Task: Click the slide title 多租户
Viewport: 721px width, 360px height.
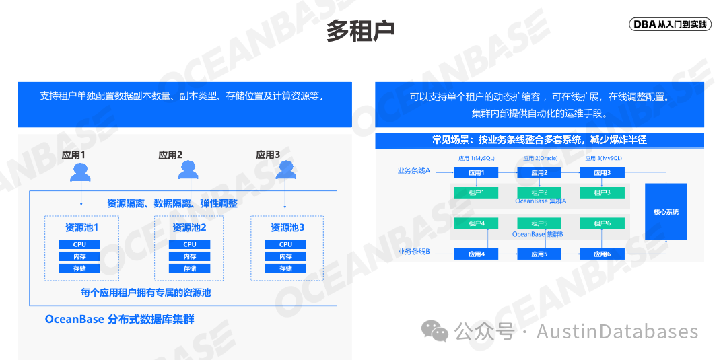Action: click(x=360, y=30)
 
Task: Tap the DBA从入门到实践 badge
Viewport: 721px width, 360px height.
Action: click(x=671, y=24)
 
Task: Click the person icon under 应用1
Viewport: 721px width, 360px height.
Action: click(x=81, y=172)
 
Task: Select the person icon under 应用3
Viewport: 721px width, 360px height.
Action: click(x=285, y=170)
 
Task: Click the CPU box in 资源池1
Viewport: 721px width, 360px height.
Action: click(x=79, y=244)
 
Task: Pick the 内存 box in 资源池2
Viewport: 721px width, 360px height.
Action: click(x=190, y=256)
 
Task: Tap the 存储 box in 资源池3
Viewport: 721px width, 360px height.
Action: click(x=285, y=268)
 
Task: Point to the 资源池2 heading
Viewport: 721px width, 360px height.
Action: click(x=189, y=227)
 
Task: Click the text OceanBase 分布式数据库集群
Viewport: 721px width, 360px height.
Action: click(x=119, y=319)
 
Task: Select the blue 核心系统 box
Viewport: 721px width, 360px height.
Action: click(x=666, y=212)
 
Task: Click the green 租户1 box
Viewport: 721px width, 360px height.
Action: click(x=475, y=193)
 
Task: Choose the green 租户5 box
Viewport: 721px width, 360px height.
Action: click(x=539, y=223)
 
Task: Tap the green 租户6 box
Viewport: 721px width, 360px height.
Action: click(x=602, y=223)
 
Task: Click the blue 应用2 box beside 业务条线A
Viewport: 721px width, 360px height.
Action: click(x=539, y=173)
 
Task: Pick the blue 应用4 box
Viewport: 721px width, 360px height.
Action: click(x=475, y=254)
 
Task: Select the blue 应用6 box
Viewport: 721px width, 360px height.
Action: click(x=602, y=254)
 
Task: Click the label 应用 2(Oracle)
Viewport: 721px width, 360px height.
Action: click(x=540, y=159)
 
